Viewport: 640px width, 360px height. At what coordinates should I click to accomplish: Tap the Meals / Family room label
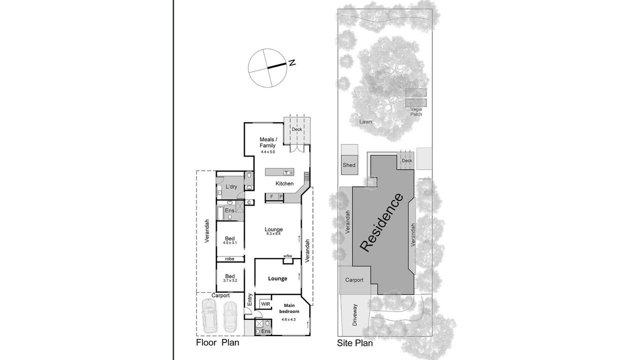pos(268,142)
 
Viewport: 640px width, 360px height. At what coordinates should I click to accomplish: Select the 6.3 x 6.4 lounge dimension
pos(273,233)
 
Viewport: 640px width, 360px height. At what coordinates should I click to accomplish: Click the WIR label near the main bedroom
pos(265,304)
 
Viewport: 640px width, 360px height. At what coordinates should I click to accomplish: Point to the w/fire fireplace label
pos(287,256)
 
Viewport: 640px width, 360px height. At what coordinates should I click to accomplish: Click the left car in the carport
pos(209,315)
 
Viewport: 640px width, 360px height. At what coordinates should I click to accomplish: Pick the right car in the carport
pos(230,316)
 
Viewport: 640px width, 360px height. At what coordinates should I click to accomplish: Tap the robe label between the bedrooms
pos(229,259)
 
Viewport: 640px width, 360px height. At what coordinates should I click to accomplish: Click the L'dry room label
pos(231,186)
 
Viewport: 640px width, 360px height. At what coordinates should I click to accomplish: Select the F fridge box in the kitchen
pos(271,196)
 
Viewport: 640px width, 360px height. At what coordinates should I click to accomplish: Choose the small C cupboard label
pos(249,202)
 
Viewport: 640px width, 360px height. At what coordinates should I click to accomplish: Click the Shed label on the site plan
pos(349,165)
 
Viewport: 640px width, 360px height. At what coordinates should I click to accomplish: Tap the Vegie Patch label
pos(416,111)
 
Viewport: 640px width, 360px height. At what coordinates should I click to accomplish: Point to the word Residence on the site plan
pos(381,222)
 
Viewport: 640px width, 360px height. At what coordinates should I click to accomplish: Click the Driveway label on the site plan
pos(354,315)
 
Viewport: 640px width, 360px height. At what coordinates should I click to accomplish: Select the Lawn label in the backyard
pos(365,121)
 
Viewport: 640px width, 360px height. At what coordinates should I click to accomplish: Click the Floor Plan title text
pos(217,342)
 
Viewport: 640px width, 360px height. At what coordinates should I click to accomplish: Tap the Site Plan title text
pos(355,343)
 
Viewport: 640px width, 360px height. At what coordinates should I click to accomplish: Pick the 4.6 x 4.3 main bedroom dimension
pos(288,319)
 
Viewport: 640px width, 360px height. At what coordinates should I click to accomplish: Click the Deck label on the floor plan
pos(297,129)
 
